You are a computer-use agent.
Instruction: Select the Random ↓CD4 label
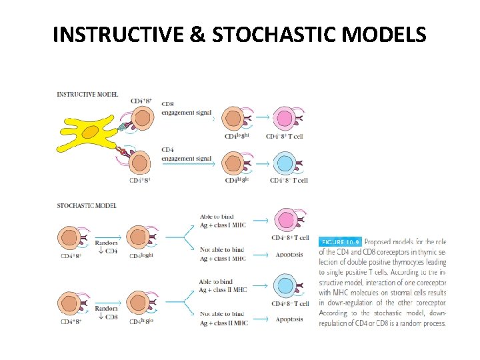coord(106,247)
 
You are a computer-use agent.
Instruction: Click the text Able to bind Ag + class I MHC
coord(222,221)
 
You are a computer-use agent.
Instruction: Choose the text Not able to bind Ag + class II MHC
coord(223,319)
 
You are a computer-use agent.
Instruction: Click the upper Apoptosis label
coord(288,255)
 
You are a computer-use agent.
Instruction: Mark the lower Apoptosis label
coord(288,319)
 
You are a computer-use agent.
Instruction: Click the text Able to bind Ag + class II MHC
coord(223,286)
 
